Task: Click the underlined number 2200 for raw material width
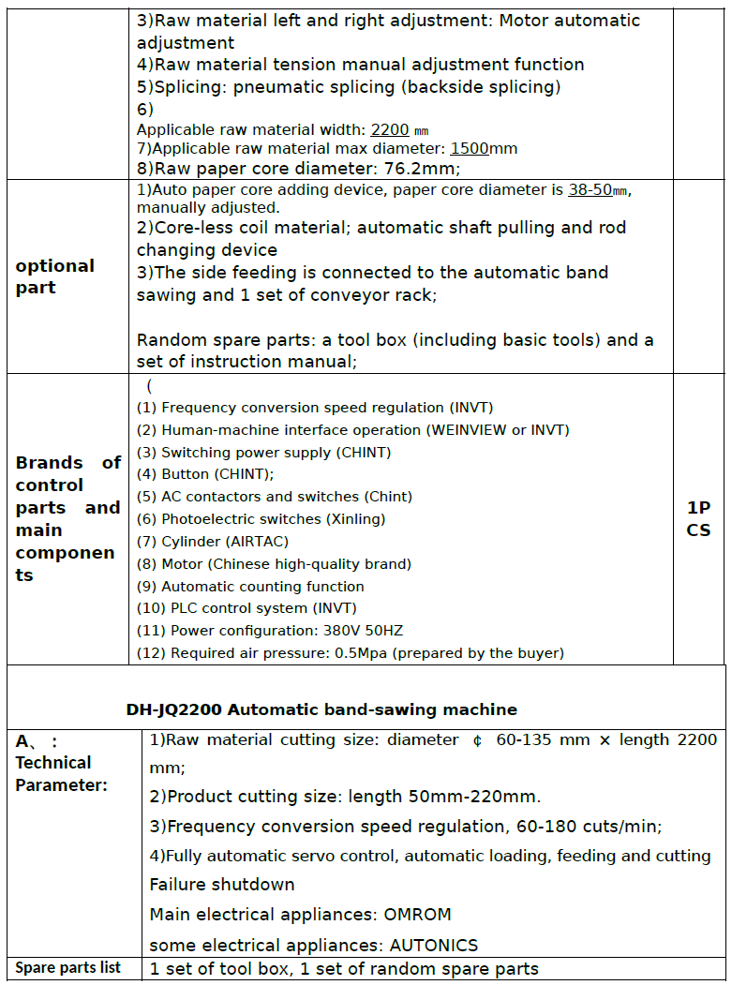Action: click(x=390, y=129)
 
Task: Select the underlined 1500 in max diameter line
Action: click(x=470, y=148)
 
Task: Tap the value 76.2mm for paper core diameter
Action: click(x=416, y=169)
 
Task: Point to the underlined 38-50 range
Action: click(x=590, y=189)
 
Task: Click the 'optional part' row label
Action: click(x=55, y=276)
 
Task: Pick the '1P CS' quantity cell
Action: click(x=698, y=519)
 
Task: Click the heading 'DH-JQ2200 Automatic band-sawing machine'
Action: click(x=321, y=709)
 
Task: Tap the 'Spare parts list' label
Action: click(x=68, y=968)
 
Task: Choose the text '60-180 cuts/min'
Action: click(x=595, y=827)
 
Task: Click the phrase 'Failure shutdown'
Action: click(x=222, y=885)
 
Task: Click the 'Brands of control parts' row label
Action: click(x=67, y=518)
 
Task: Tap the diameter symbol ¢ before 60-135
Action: click(x=478, y=740)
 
